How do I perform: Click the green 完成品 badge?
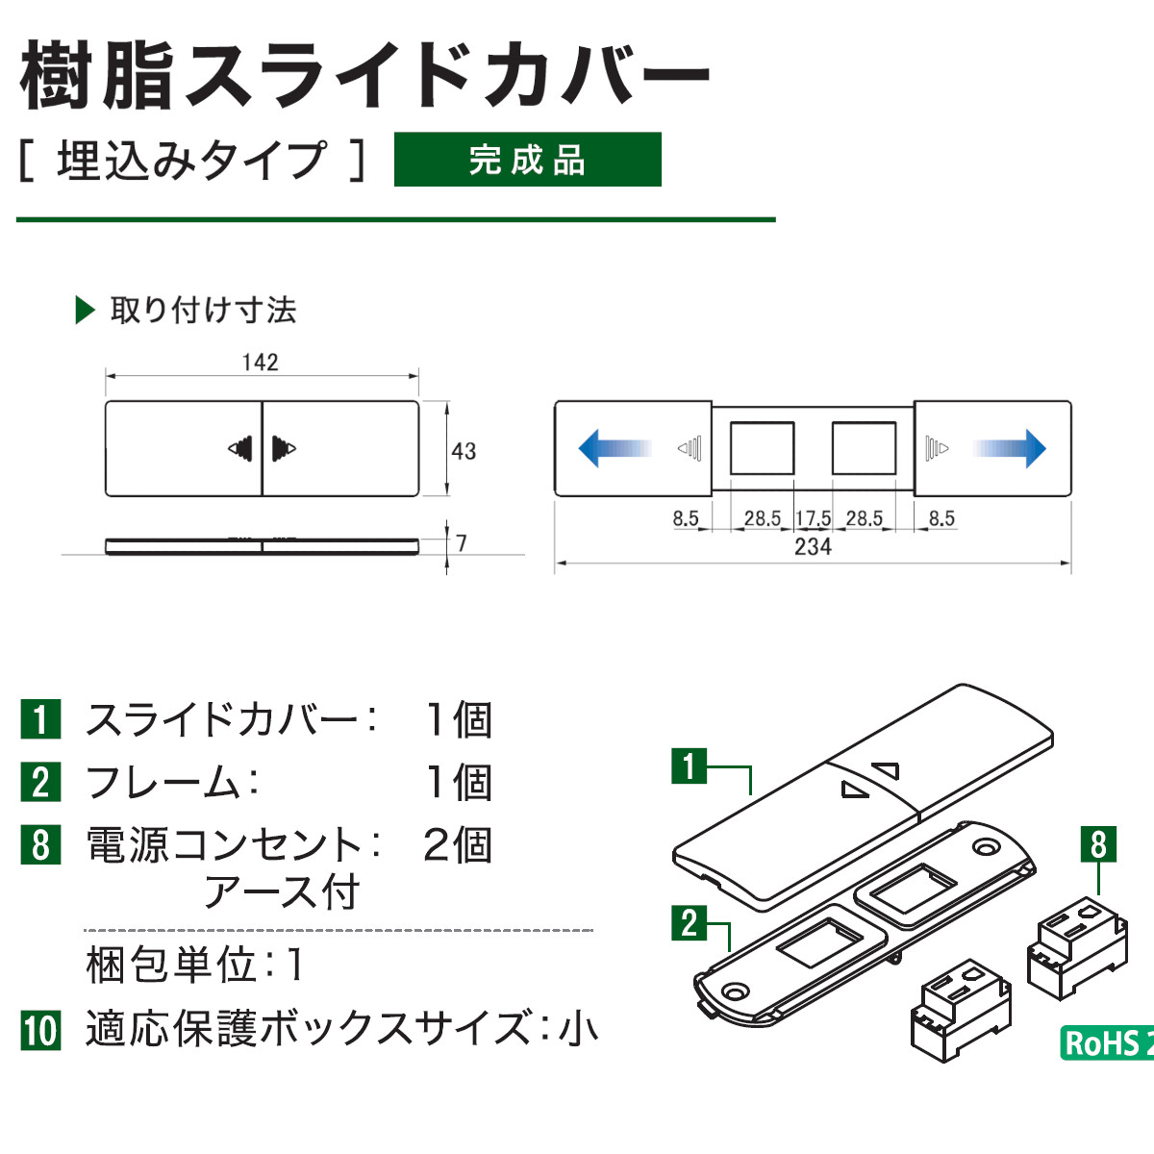pos(527,160)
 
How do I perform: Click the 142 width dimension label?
pos(260,363)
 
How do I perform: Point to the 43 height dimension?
pos(464,451)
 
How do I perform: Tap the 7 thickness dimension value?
pos(462,543)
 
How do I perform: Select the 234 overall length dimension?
pos(813,547)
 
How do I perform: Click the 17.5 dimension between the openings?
pos(813,518)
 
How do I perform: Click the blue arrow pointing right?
pos(1010,448)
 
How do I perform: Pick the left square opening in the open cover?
pos(762,448)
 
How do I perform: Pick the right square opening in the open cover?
pos(864,448)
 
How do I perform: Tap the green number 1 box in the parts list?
pos(40,719)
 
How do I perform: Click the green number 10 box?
pos(40,1030)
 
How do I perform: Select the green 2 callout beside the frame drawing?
pos(689,923)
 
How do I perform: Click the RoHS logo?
pos(1106,1043)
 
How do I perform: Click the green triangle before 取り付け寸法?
pos(85,311)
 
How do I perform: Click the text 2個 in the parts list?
pos(457,845)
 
